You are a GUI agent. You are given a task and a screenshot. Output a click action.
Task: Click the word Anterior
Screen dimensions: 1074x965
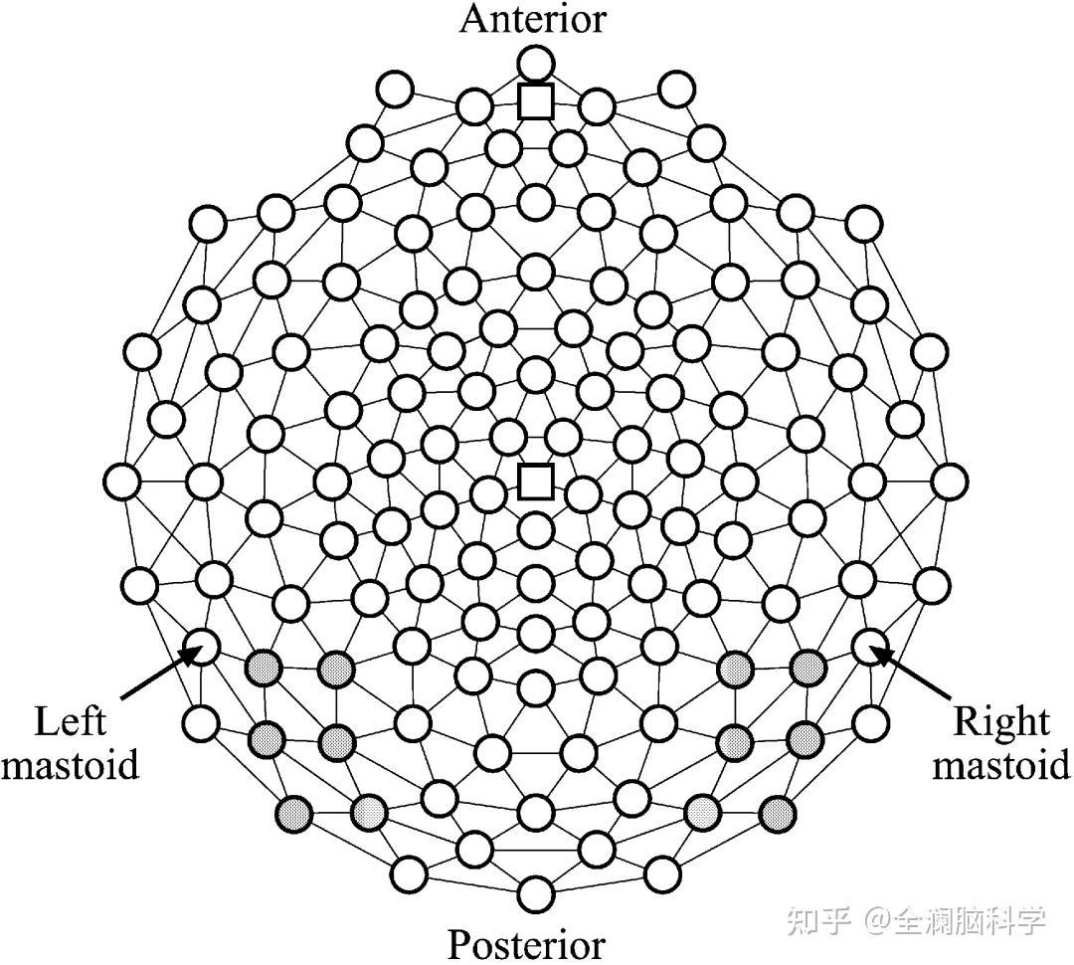pyautogui.click(x=532, y=19)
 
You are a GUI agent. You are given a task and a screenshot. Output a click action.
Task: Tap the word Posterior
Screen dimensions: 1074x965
pyautogui.click(x=526, y=943)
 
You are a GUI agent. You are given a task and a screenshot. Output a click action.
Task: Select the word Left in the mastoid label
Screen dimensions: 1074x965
pyautogui.click(x=70, y=721)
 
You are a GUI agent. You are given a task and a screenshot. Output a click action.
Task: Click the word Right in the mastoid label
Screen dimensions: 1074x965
pyautogui.click(x=1001, y=721)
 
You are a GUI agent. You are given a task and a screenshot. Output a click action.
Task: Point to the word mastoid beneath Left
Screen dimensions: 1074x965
pyautogui.click(x=70, y=765)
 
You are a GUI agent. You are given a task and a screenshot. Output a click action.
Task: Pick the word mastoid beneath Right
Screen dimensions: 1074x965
pyautogui.click(x=1001, y=765)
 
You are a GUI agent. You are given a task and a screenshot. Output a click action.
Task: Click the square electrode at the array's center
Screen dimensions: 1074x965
pyautogui.click(x=536, y=482)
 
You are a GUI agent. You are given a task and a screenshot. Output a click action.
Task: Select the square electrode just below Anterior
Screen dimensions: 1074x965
pyautogui.click(x=536, y=100)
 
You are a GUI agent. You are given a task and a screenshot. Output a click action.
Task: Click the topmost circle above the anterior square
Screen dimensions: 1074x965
pyautogui.click(x=536, y=63)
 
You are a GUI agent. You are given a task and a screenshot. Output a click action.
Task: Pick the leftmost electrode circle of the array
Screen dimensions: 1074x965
pyautogui.click(x=123, y=482)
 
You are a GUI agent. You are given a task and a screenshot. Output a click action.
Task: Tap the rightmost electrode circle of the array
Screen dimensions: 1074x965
pyautogui.click(x=949, y=482)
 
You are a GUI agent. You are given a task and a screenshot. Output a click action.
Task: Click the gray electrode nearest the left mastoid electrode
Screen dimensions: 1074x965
pyautogui.click(x=264, y=666)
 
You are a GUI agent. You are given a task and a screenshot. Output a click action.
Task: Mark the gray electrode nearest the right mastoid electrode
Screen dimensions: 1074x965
pyautogui.click(x=806, y=666)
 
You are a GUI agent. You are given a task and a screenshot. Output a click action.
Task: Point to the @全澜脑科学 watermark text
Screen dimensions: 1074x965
pyautogui.click(x=954, y=920)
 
